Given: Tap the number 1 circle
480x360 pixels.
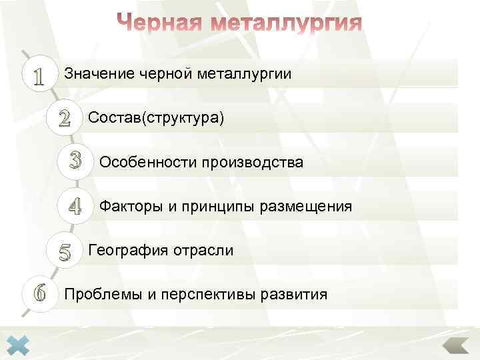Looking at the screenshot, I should coord(39,75).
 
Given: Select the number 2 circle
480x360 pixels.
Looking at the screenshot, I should coord(64,119).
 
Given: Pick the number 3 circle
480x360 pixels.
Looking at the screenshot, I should coord(75,162).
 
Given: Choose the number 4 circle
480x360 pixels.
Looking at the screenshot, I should coord(75,207).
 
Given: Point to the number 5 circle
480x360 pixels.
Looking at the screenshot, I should coord(64,251).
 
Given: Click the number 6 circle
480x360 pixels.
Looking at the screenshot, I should coord(39,293).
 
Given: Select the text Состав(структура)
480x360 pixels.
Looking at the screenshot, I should coord(156,119).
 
